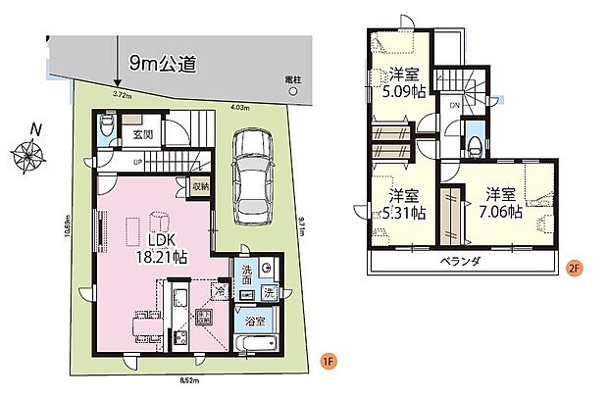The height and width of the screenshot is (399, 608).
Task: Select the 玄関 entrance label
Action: click(143, 133)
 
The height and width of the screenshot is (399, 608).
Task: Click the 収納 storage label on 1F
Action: click(199, 184)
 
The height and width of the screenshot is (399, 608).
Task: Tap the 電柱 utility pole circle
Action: click(291, 90)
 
